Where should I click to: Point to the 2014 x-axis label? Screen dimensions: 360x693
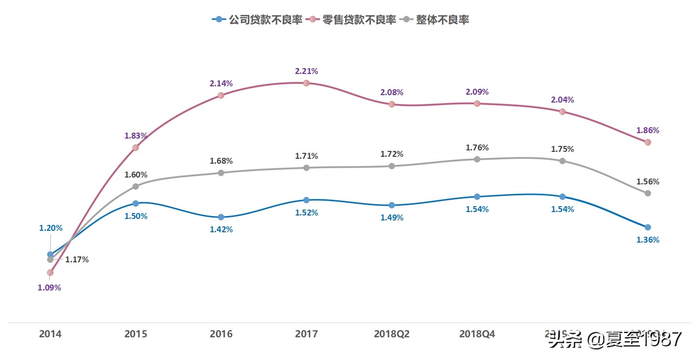tap(50, 334)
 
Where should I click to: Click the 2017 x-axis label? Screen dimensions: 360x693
tap(306, 334)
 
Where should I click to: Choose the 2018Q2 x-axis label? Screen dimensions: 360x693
tap(392, 334)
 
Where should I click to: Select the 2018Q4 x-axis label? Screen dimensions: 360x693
tap(477, 334)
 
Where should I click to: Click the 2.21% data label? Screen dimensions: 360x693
tap(306, 71)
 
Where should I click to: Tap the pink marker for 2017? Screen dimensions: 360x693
tap(306, 83)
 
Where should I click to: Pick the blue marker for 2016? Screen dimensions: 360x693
tap(221, 217)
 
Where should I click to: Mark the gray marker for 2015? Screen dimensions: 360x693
tap(136, 186)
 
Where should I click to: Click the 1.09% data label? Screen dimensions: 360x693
tap(49, 288)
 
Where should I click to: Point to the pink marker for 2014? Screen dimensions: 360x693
tap(50, 272)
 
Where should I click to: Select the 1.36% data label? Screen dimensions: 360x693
tap(648, 240)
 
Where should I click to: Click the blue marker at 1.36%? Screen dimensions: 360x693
tap(648, 227)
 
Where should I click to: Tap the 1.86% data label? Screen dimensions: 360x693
tap(648, 131)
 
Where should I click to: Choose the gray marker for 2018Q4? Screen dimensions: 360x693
tap(477, 159)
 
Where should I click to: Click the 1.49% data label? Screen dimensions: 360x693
tap(392, 217)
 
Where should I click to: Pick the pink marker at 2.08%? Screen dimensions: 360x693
tap(392, 104)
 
